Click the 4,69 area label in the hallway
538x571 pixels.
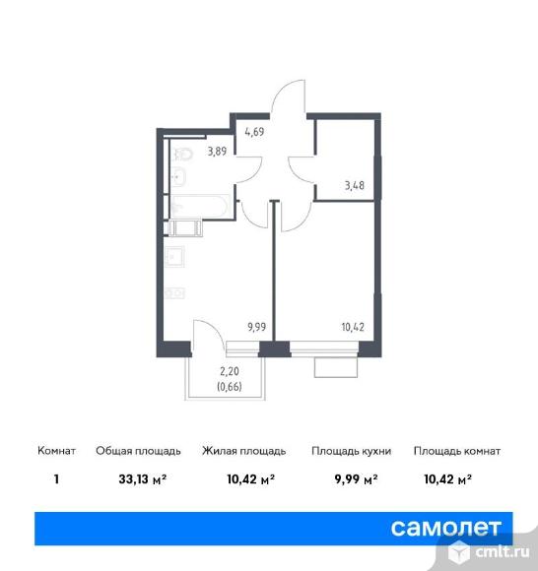(254, 132)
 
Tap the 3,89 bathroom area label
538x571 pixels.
(217, 151)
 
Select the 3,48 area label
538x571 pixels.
(355, 185)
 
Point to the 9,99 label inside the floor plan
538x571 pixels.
(256, 327)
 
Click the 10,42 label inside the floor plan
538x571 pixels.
(353, 327)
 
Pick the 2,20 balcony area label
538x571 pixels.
(230, 371)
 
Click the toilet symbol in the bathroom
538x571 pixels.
(182, 155)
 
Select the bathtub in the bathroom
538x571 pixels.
(200, 206)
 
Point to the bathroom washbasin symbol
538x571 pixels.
(178, 176)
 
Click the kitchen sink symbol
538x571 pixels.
(175, 257)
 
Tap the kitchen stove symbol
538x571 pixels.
(175, 293)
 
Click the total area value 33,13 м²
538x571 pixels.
(143, 478)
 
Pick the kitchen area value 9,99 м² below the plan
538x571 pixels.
(356, 478)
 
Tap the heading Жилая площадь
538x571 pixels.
(243, 451)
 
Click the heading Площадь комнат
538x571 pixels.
(457, 451)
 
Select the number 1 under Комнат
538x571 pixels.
(56, 478)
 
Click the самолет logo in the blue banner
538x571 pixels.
(446, 528)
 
